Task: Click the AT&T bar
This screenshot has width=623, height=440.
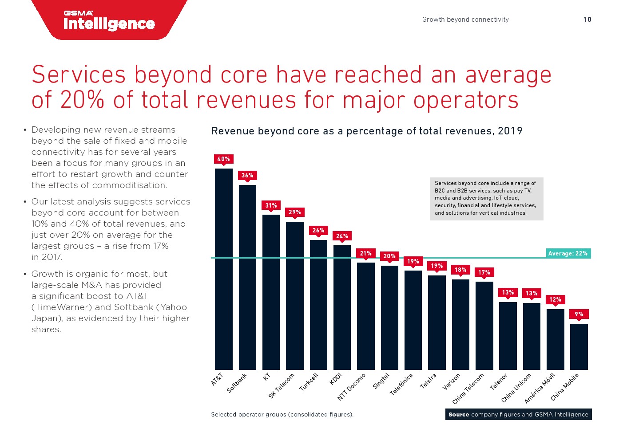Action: coord(224,269)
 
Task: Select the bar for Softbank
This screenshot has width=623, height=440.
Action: coord(247,277)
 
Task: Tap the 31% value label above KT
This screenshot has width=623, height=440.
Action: coord(271,205)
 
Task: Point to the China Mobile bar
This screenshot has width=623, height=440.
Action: coord(579,346)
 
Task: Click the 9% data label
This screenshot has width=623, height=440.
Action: coord(579,314)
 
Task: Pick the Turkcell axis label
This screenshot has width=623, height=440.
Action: coord(309,382)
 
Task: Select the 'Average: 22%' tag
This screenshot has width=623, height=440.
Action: coord(568,253)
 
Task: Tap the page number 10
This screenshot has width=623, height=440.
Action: coord(587,20)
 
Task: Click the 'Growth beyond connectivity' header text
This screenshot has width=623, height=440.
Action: coord(465,20)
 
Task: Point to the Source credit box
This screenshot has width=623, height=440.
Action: coord(518,414)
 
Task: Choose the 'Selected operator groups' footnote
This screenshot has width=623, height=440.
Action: coord(282,414)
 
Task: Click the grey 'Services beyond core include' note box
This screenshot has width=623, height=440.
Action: coord(486,198)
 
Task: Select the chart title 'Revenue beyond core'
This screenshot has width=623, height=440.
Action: coord(367,131)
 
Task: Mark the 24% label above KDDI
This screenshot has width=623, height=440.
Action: coord(342,236)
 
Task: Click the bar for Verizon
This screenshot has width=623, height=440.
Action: coord(460,324)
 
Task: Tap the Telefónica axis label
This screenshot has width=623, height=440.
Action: coord(401,384)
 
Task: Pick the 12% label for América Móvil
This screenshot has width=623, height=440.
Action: coord(555,299)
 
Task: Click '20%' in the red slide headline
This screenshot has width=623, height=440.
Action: coord(83,100)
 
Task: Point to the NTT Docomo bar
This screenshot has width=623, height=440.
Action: coord(366,316)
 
